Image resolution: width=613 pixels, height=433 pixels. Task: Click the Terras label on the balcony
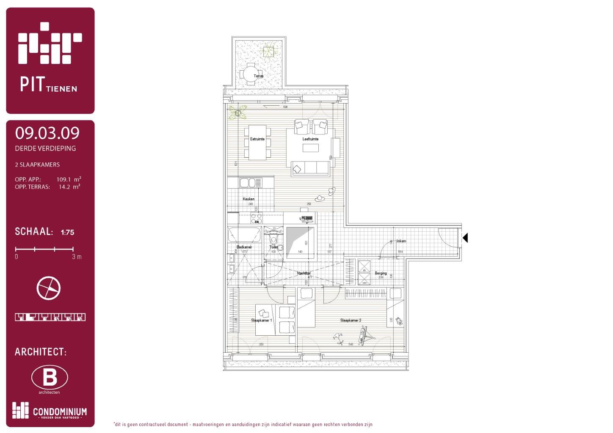[x=258, y=76]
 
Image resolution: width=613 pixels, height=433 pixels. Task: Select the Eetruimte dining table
[x=257, y=143]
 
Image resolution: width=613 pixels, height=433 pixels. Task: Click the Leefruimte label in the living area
[x=310, y=139]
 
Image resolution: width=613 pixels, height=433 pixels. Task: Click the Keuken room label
[x=249, y=199]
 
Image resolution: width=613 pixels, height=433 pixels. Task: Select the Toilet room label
[x=273, y=247]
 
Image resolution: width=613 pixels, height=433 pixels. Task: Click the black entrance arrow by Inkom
[x=465, y=238]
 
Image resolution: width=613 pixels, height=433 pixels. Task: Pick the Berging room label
[x=381, y=273]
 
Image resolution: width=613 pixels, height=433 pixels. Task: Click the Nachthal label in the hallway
[x=304, y=273]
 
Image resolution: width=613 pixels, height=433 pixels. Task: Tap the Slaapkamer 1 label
[x=262, y=321]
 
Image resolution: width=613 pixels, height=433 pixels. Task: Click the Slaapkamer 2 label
[x=351, y=321]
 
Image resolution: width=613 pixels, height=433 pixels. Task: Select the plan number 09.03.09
[x=47, y=133]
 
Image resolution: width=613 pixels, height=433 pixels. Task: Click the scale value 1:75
[x=67, y=232]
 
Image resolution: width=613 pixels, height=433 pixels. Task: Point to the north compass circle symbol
[x=49, y=288]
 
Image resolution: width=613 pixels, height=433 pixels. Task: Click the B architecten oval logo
[x=50, y=377]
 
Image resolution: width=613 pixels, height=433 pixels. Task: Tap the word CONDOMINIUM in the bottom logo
[x=60, y=411]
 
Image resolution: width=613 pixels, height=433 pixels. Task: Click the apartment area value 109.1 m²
[x=69, y=179]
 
